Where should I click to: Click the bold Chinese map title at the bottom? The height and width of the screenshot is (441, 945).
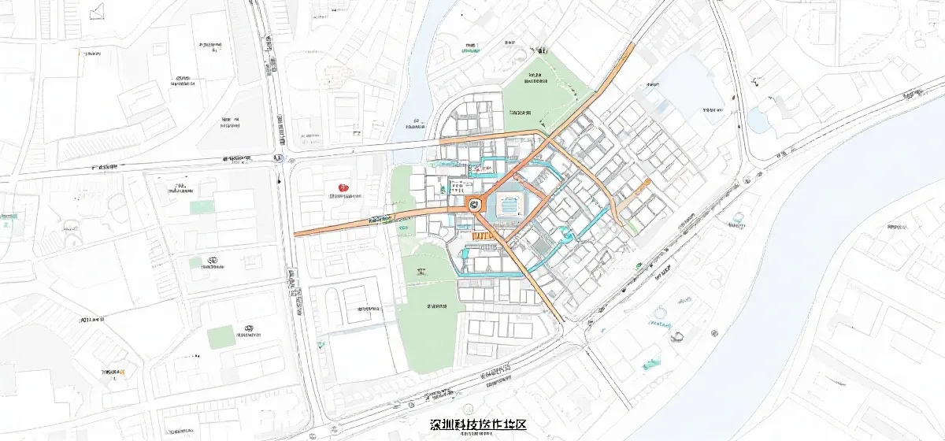pyautogui.click(x=478, y=424)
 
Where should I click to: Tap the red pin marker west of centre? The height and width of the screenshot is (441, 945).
pyautogui.click(x=343, y=187)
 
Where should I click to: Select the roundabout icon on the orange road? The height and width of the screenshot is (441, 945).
pyautogui.click(x=474, y=204)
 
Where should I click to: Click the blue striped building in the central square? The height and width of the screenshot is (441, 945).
pyautogui.click(x=510, y=208)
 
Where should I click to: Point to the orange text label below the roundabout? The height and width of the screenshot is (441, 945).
pyautogui.click(x=482, y=235)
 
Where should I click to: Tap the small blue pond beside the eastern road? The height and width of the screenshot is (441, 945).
pyautogui.click(x=758, y=120)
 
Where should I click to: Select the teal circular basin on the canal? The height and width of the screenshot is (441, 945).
pyautogui.click(x=564, y=232)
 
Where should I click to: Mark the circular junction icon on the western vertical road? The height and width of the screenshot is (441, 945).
pyautogui.click(x=277, y=157)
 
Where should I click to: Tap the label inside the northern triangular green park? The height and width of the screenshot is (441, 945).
pyautogui.click(x=536, y=78)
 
